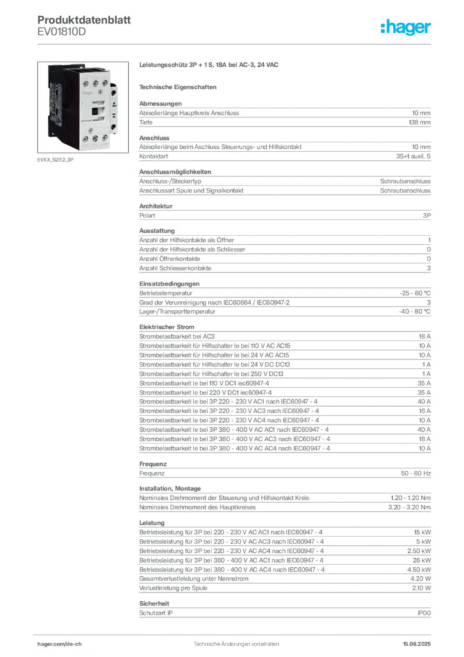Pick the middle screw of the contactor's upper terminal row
(x=95, y=83)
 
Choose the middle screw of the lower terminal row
(x=95, y=138)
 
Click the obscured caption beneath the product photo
(x=56, y=160)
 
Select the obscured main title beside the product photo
(x=210, y=65)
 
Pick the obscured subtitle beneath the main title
(x=179, y=86)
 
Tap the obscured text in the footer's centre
(x=234, y=640)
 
